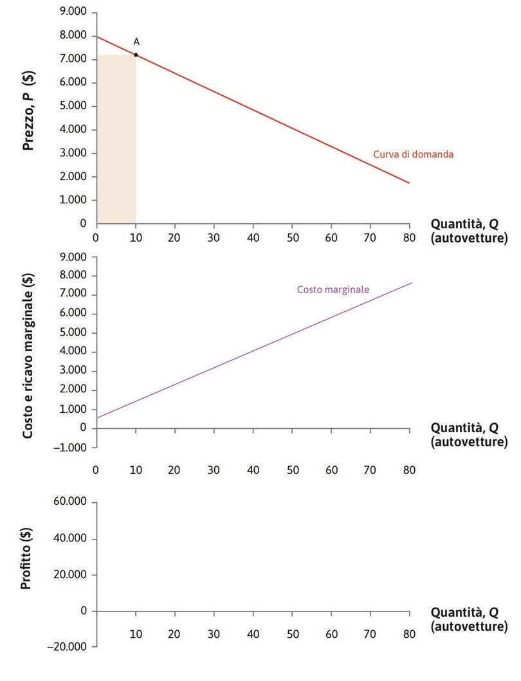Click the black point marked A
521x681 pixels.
coord(136,55)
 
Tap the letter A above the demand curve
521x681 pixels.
coord(136,42)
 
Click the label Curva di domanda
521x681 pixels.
coord(414,154)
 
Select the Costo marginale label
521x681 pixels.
coord(333,289)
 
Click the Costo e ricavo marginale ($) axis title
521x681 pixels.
coord(28,356)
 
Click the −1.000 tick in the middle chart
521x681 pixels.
coord(71,447)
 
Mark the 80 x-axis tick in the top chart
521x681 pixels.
coord(410,237)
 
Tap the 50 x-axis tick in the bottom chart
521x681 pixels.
coord(292,634)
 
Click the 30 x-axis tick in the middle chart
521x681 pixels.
coord(214,470)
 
